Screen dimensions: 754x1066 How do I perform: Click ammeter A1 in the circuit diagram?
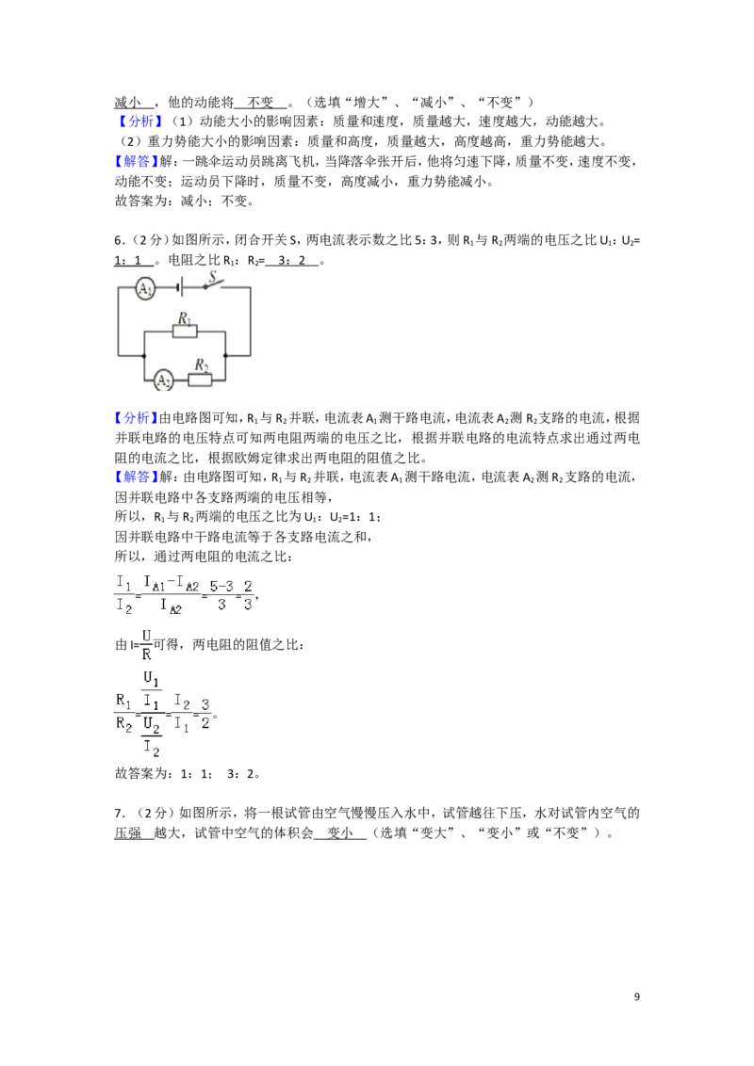point(144,288)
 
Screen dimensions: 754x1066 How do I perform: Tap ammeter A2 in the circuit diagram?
point(163,380)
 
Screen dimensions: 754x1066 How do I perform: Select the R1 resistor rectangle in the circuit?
point(185,331)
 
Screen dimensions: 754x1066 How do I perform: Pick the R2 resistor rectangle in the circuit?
point(200,380)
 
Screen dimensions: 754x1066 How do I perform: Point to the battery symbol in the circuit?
point(180,287)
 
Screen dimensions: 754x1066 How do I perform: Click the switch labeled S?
point(216,283)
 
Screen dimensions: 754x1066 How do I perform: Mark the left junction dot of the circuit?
point(143,355)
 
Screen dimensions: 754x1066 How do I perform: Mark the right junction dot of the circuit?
point(225,355)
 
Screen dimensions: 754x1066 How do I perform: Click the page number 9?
point(637,996)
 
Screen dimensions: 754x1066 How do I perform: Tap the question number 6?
point(119,240)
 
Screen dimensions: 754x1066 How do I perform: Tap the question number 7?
point(119,813)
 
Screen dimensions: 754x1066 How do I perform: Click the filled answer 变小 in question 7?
point(339,832)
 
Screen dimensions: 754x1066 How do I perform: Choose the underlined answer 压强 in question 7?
point(127,832)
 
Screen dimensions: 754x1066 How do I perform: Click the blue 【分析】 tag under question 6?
point(136,417)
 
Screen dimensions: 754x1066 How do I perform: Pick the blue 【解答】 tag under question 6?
point(136,476)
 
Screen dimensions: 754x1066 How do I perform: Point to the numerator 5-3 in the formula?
point(221,586)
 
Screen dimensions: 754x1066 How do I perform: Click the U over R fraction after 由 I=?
point(146,644)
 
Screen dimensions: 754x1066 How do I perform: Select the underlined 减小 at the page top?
point(127,102)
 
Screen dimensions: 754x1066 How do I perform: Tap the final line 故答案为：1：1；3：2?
point(188,774)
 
